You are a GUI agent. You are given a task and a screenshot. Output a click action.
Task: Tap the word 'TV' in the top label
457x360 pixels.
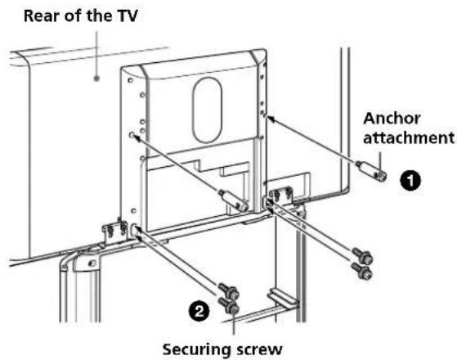point(127,16)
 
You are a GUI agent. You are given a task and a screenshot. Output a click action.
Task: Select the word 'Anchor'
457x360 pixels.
point(392,119)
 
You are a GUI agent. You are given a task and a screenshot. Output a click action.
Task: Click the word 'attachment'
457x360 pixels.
point(409,137)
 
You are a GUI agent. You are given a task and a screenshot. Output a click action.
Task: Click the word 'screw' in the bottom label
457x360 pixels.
point(259,349)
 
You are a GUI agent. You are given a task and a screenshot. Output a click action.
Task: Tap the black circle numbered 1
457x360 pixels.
point(410,181)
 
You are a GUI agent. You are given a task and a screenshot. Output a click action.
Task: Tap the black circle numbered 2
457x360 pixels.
point(199,312)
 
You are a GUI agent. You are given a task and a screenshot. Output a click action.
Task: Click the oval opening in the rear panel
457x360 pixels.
point(207,110)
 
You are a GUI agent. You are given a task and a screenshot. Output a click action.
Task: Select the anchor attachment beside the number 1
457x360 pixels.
point(372,170)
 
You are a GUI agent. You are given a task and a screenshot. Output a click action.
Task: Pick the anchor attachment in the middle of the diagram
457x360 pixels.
point(234,200)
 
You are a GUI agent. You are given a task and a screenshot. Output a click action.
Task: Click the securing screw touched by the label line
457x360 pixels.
point(229,306)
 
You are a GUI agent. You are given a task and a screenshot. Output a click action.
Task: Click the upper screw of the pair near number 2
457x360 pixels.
point(229,290)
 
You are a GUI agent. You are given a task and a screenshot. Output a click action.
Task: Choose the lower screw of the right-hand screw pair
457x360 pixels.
point(362,270)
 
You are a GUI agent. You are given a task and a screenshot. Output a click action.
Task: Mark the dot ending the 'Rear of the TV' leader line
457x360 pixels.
point(96,79)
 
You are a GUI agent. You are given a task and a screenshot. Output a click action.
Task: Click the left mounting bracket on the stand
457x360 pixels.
point(114,232)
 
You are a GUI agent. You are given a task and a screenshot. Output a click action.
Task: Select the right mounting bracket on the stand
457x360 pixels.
point(280,197)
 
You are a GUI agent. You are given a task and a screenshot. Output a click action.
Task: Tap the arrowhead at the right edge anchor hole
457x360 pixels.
point(270,118)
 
